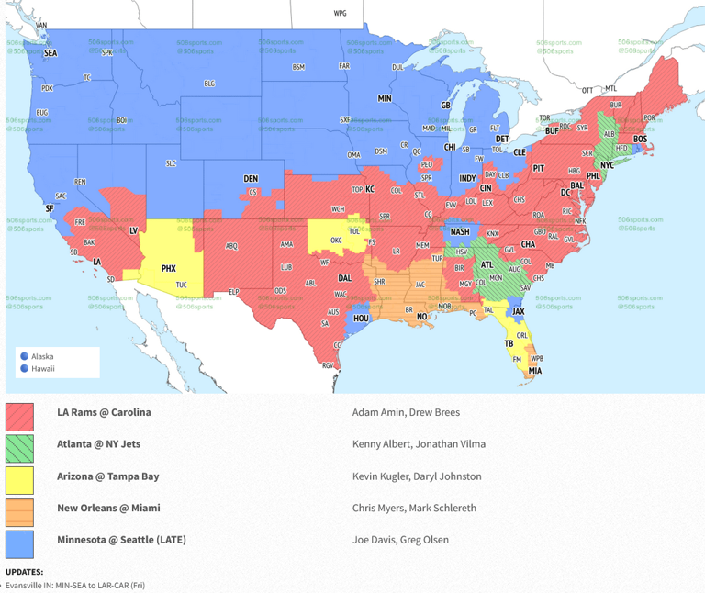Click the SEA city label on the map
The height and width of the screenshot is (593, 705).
[50, 53]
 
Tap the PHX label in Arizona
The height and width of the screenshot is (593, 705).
[168, 268]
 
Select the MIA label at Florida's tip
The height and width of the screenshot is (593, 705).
[534, 371]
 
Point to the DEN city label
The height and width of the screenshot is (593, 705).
[251, 178]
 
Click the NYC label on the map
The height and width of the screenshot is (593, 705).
[606, 165]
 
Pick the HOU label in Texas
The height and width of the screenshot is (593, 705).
[361, 318]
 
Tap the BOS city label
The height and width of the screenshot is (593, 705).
[640, 139]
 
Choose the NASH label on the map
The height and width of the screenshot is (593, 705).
[459, 231]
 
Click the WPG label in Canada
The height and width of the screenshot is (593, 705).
[341, 14]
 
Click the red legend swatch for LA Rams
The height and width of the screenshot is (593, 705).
[19, 417]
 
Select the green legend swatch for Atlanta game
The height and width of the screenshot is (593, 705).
[19, 449]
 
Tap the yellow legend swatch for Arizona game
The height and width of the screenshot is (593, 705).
[19, 480]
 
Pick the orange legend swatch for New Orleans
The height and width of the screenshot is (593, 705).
[19, 512]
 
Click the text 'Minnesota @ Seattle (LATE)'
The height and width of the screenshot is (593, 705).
[121, 540]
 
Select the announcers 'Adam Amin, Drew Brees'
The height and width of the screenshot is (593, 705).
[406, 412]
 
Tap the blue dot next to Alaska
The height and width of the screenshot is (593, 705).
[24, 356]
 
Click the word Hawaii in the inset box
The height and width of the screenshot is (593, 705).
[43, 368]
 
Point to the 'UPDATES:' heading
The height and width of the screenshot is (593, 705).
[24, 572]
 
